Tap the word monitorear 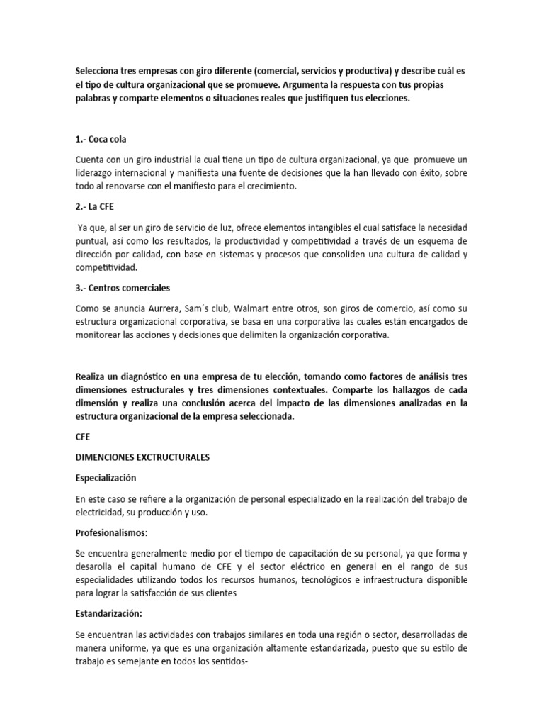click(x=102, y=335)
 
